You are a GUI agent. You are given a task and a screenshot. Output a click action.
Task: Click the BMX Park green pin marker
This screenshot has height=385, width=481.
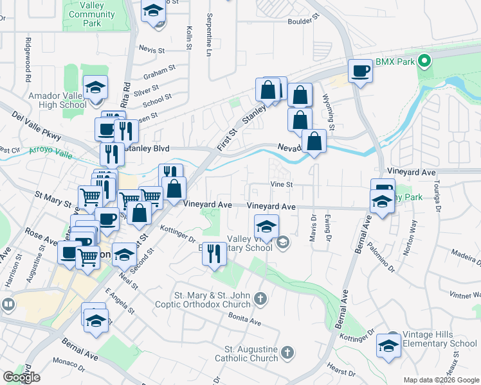point(424,62)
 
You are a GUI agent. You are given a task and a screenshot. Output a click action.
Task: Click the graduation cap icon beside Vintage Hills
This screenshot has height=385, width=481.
point(389,345)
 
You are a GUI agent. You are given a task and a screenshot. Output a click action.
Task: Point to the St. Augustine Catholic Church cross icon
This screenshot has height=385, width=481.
point(287,352)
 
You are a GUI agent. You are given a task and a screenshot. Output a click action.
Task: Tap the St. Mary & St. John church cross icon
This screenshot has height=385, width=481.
point(260,298)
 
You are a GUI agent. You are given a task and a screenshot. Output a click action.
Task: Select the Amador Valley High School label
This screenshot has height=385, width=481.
point(57,100)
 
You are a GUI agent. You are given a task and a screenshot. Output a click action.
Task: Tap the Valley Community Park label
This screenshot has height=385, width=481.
point(91,14)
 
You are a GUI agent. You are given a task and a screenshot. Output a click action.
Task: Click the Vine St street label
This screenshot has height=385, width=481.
point(282,184)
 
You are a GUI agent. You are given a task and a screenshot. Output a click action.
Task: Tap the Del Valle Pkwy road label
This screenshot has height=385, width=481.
point(35,126)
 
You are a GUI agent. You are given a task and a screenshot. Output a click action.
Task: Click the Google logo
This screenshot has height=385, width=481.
point(21,377)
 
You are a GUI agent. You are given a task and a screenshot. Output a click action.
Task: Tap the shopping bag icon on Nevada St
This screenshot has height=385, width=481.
point(313,142)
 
